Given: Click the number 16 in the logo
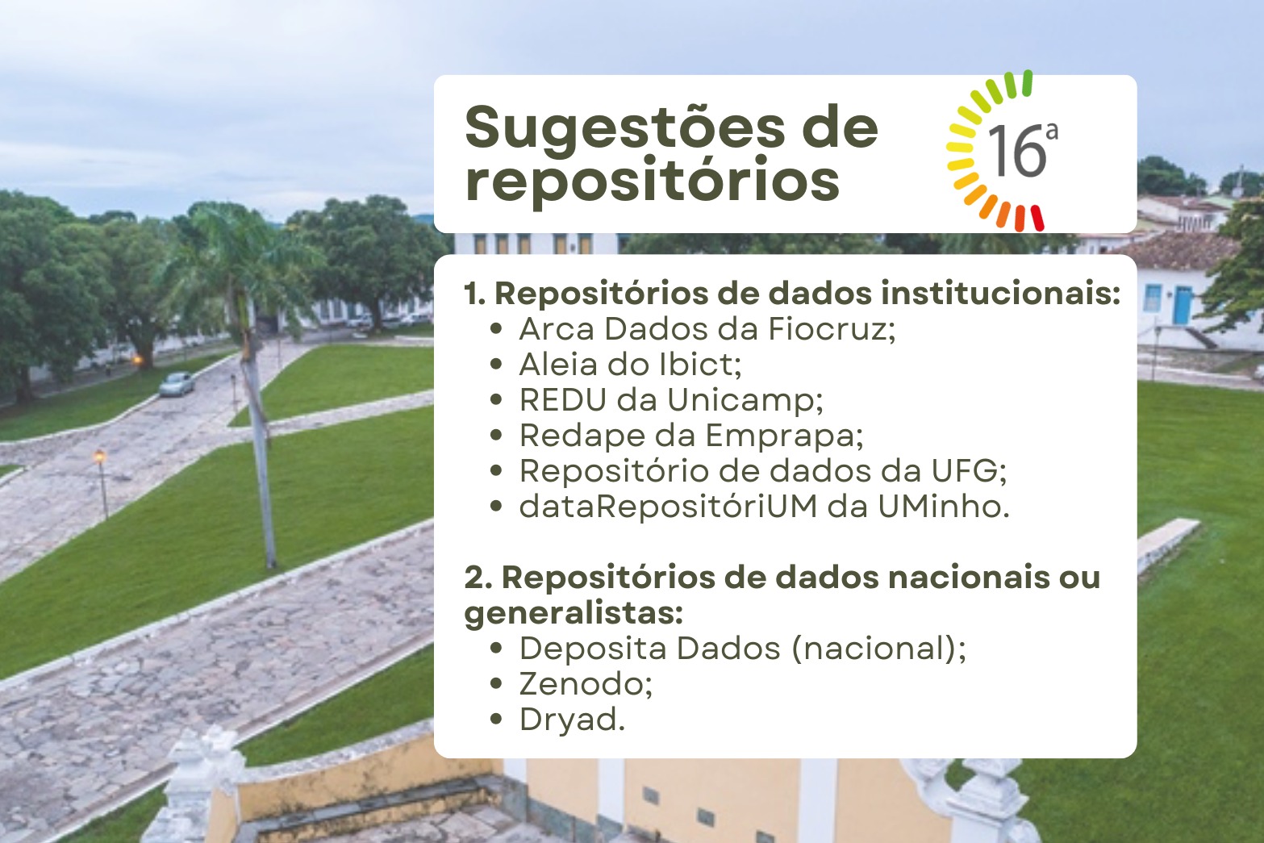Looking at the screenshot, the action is point(1017,151).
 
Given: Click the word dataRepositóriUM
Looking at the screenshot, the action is point(668,506).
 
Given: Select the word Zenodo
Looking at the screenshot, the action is point(586,684).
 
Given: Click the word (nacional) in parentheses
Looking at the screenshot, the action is point(879,649).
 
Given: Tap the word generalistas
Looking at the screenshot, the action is point(574,614).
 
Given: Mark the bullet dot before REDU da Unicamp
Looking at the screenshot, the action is point(496,400).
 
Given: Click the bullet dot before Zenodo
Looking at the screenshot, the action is point(496,684).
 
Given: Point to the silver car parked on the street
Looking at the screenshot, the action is point(177,384).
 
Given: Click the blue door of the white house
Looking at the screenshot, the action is point(1183,305).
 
